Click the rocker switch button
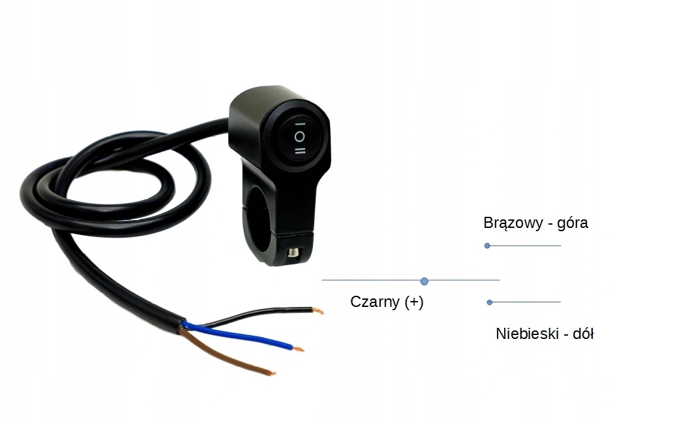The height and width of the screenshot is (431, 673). (299, 136)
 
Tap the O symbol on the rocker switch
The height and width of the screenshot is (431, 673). (299, 136)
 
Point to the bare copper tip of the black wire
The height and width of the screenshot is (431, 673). (318, 311)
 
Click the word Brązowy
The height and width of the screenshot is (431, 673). (513, 223)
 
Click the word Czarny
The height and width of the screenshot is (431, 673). (375, 302)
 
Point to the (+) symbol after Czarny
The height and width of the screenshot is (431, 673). (413, 302)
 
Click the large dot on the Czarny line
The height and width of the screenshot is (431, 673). (425, 281)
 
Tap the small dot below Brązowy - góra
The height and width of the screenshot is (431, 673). (487, 246)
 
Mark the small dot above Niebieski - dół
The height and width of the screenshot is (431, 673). (490, 302)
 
